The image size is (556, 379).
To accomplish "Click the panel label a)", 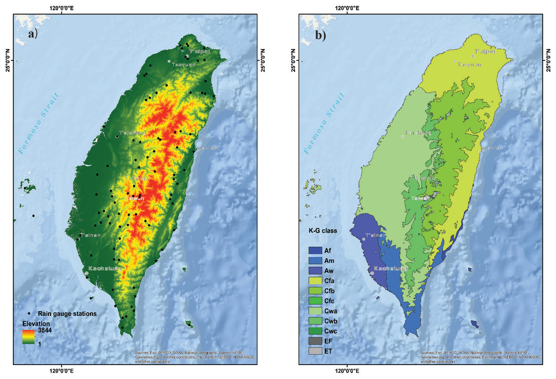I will point(33,34).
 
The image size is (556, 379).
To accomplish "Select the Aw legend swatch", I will point(315,271).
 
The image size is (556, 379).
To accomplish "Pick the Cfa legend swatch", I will point(315,281).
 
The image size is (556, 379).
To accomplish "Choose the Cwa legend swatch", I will point(315,311).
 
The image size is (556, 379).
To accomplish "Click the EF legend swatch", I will point(315,341).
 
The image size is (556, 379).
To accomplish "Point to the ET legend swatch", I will point(315,351).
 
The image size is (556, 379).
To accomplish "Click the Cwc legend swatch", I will point(315,331).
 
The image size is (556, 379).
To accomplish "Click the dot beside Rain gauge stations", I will point(29,313).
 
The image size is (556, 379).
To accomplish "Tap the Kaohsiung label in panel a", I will point(105,268).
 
